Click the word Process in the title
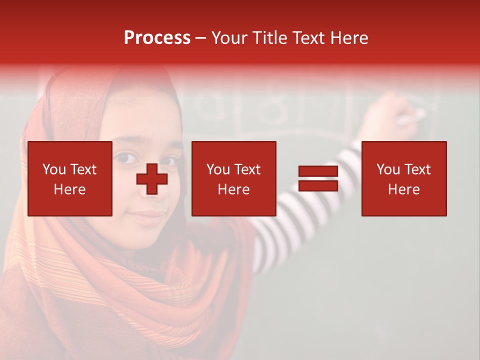157,38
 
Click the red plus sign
152,179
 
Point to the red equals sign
318,178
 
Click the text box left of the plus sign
70,178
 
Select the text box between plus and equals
233,178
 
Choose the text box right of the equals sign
403,178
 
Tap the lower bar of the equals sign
318,185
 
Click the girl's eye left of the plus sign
125,158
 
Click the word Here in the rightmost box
403,189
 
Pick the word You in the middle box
217,169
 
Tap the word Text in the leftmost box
83,169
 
